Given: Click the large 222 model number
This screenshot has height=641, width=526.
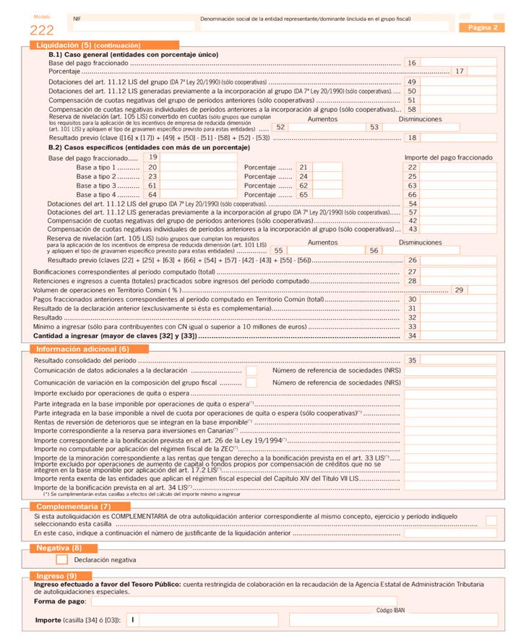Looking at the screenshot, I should tap(42, 30).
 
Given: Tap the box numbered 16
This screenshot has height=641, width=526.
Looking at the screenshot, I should tap(459, 63).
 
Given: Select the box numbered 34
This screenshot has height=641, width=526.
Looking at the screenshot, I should tap(459, 336).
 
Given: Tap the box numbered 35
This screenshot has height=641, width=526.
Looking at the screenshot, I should tap(459, 359).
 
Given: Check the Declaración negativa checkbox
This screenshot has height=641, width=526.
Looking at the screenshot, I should tap(62, 559).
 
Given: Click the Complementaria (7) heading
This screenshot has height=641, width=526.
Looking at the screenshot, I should tap(73, 507).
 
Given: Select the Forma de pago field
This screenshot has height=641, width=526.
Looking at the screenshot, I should tap(243, 601).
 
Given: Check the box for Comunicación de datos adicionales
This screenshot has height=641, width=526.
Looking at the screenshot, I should tap(251, 370).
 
